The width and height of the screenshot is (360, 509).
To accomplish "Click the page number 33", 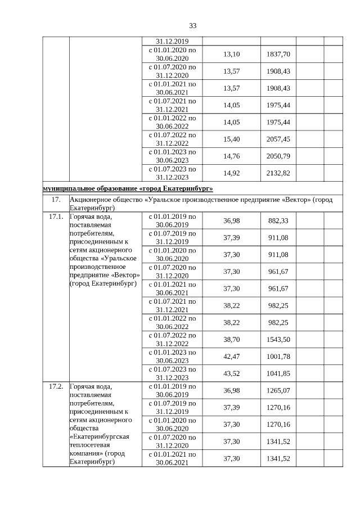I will click(193, 26).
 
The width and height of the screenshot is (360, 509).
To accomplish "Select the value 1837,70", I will click(278, 54).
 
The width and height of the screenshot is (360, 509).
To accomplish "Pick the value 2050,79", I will click(278, 156).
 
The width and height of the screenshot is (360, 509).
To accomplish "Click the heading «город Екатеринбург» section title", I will click(128, 188).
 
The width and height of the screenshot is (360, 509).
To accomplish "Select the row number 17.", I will click(56, 200).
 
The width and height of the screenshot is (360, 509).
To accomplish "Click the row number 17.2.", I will click(56, 386).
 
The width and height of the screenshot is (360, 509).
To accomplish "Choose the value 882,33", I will click(278, 220).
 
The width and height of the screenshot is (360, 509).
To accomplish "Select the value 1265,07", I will click(278, 390).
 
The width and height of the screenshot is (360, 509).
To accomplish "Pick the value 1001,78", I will click(278, 356).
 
